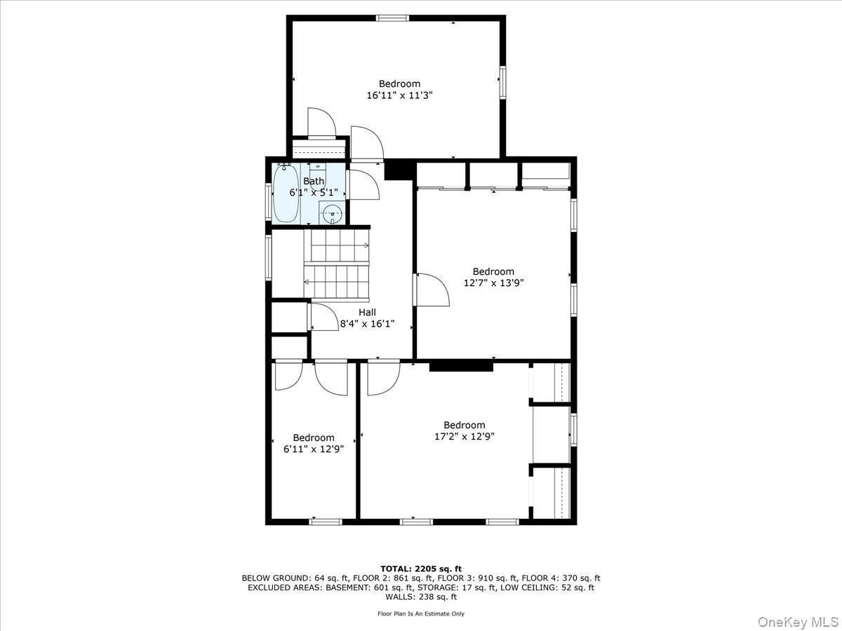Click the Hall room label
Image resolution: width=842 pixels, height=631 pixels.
pyautogui.click(x=367, y=313)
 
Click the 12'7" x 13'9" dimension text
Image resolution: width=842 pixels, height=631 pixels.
pyautogui.click(x=493, y=283)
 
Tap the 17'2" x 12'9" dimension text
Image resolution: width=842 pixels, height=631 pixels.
pyautogui.click(x=464, y=437)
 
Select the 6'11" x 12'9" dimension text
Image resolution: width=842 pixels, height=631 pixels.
pyautogui.click(x=314, y=449)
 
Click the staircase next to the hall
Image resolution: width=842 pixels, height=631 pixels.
pyautogui.click(x=337, y=263)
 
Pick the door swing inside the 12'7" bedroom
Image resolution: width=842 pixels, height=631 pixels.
pyautogui.click(x=431, y=290)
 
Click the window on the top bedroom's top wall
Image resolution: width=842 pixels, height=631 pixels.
pyautogui.click(x=392, y=18)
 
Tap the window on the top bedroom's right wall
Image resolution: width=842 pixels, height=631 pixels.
pyautogui.click(x=502, y=82)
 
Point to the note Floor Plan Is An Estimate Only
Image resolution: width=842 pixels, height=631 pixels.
pyautogui.click(x=421, y=613)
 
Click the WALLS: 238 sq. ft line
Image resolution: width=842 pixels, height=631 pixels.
pyautogui.click(x=421, y=597)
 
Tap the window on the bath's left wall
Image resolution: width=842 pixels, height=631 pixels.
pyautogui.click(x=269, y=201)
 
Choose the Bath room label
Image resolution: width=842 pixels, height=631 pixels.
pyautogui.click(x=314, y=181)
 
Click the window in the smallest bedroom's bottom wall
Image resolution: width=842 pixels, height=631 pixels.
pyautogui.click(x=326, y=521)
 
